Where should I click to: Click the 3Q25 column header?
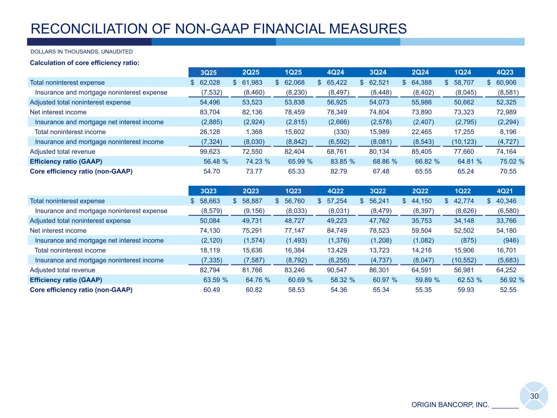click(x=209, y=73)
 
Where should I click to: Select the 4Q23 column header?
click(x=505, y=73)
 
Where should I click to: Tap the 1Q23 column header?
click(x=293, y=191)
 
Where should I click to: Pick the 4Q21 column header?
click(x=505, y=191)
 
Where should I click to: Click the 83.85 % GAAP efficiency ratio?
click(x=342, y=162)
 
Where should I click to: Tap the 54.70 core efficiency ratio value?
click(x=212, y=171)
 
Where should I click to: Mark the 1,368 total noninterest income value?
click(x=254, y=132)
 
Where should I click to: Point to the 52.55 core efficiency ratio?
click(x=508, y=290)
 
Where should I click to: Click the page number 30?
click(x=534, y=396)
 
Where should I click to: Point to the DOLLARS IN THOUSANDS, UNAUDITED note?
click(x=82, y=52)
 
